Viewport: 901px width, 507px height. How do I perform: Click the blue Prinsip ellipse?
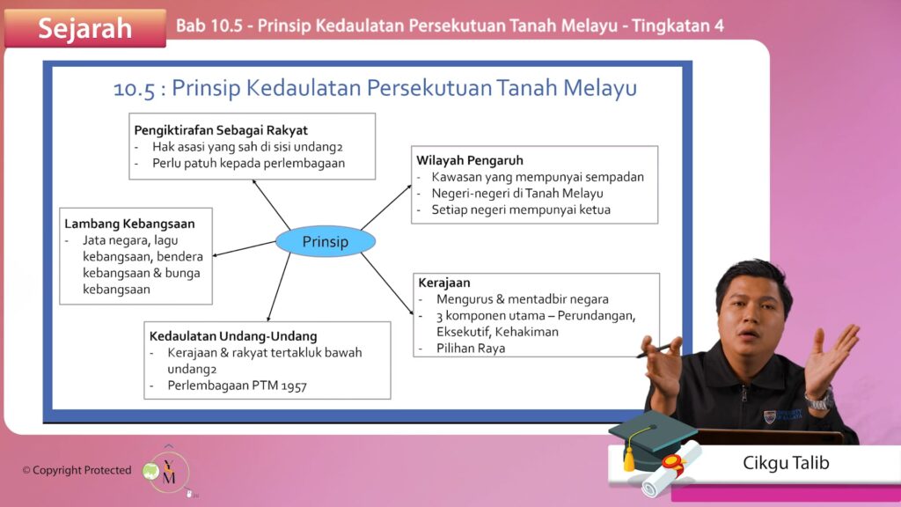click(x=326, y=241)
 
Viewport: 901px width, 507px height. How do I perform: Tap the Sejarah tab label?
click(x=85, y=28)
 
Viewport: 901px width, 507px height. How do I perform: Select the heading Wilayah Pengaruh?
click(x=470, y=160)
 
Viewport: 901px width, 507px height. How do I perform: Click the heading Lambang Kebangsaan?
click(x=129, y=224)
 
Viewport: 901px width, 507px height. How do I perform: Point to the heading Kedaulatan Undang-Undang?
click(x=233, y=335)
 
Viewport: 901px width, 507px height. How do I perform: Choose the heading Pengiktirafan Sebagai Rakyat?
click(x=221, y=130)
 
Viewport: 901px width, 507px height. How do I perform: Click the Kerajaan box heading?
click(x=444, y=283)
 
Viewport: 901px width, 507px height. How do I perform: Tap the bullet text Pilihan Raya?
click(x=471, y=349)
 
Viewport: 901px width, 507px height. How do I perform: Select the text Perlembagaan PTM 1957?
click(x=237, y=386)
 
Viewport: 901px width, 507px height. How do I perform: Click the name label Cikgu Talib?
click(x=786, y=463)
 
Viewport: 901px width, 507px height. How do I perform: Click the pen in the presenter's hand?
click(x=654, y=351)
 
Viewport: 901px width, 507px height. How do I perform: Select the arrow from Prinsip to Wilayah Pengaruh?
click(x=386, y=208)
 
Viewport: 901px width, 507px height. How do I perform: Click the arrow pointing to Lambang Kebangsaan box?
click(x=245, y=249)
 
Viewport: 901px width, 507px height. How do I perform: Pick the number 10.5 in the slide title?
click(x=134, y=89)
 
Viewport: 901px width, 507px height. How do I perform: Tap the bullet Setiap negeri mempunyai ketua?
click(x=521, y=209)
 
